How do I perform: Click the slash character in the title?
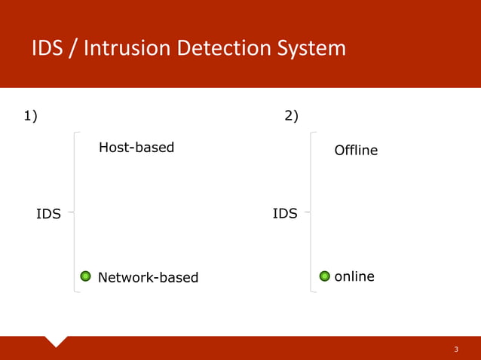(75, 49)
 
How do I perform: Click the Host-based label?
(136, 148)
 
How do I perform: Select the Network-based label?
(148, 278)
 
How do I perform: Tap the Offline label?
(356, 151)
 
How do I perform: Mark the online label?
(354, 276)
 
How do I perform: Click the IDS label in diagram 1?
(48, 214)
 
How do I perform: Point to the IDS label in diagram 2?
(284, 214)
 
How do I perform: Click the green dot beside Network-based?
(86, 277)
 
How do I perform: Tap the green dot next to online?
(324, 276)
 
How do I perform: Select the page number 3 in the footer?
(456, 350)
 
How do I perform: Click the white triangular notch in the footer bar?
(57, 340)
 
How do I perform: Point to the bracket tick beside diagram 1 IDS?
(70, 212)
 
